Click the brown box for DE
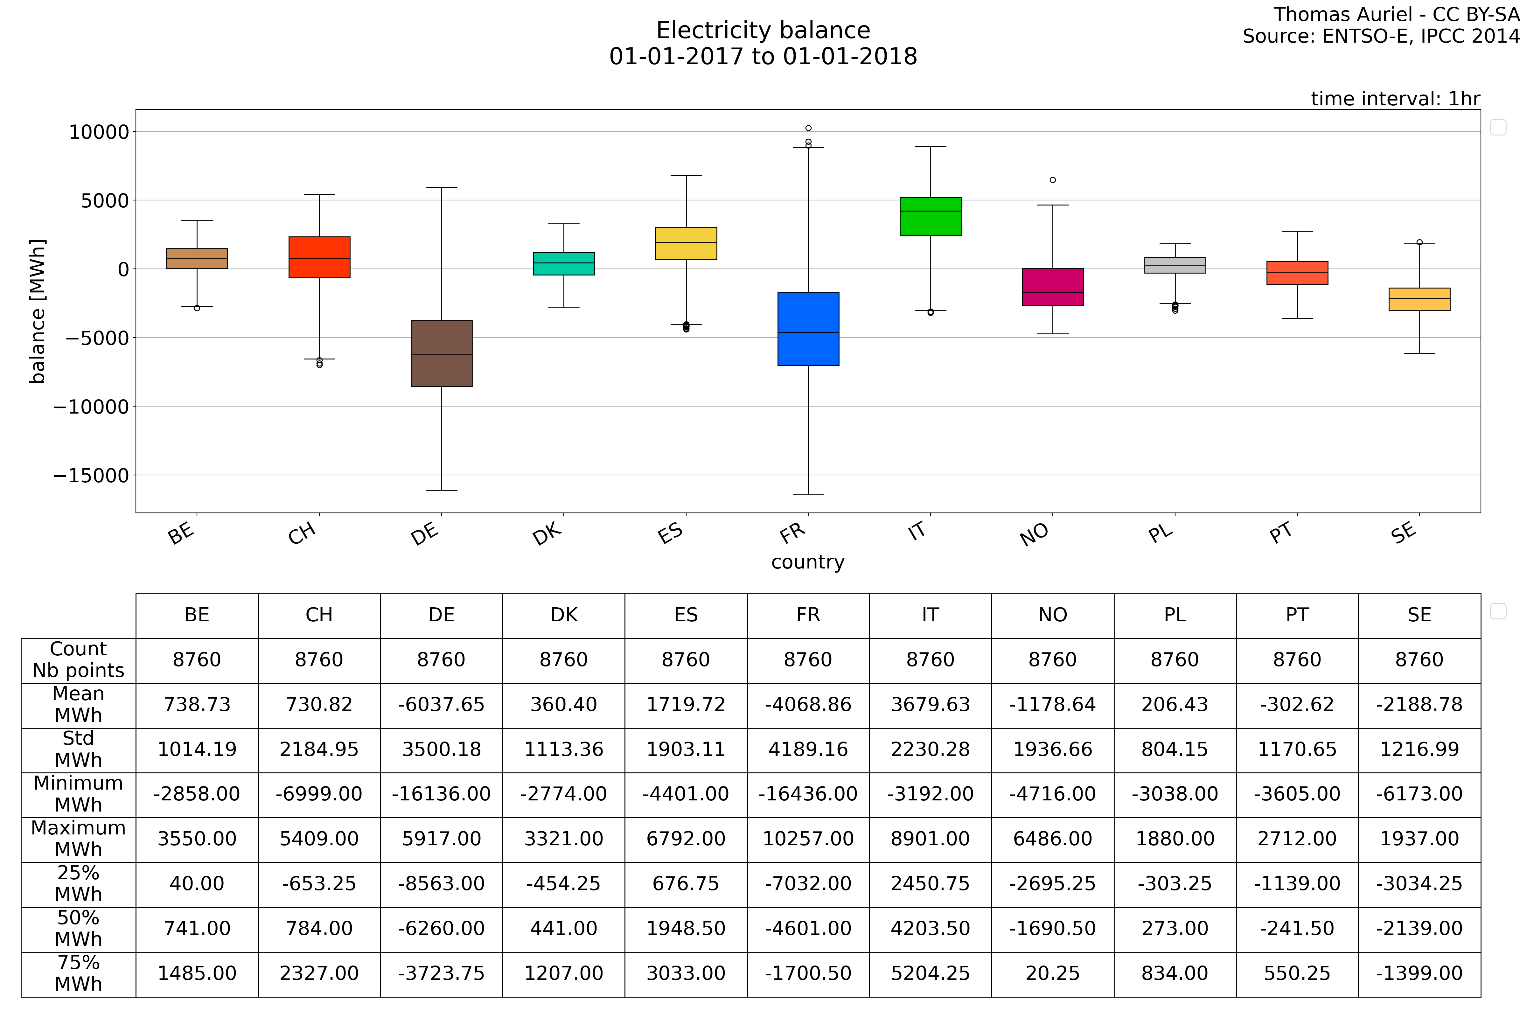(x=442, y=353)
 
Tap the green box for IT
(x=930, y=216)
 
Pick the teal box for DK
(x=563, y=264)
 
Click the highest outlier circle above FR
(x=808, y=128)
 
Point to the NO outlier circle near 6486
(x=1052, y=180)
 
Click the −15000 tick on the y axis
(x=91, y=475)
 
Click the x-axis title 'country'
(x=808, y=562)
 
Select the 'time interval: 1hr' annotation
(x=1395, y=99)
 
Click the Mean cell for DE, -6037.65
(x=442, y=704)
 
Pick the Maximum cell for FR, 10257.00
(x=808, y=839)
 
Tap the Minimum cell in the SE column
(x=1419, y=794)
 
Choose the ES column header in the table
(x=686, y=615)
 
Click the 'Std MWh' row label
(x=79, y=749)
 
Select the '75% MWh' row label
(x=79, y=973)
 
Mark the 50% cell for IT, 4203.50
(x=930, y=928)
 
